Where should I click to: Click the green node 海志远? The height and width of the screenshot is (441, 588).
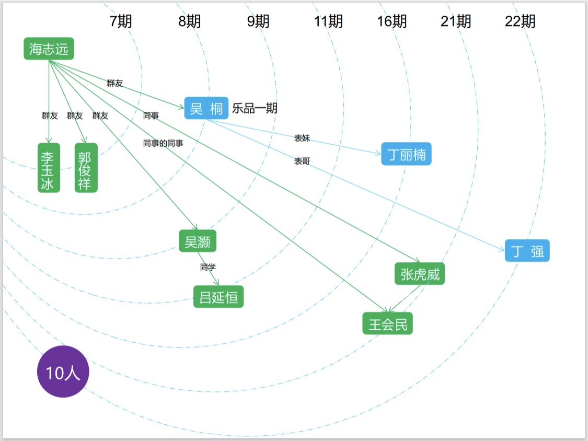click(x=49, y=49)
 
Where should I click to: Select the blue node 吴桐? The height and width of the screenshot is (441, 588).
click(x=206, y=109)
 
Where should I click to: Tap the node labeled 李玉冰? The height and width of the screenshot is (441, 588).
click(x=49, y=168)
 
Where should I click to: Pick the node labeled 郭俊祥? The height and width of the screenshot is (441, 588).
click(x=86, y=168)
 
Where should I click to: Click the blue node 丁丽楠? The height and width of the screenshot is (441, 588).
click(x=406, y=154)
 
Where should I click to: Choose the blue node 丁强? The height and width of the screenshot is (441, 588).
click(x=527, y=251)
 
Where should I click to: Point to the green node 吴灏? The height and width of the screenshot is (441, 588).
click(x=197, y=241)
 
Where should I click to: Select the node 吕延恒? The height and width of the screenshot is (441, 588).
click(x=218, y=297)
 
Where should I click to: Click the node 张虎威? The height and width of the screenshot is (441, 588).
click(x=420, y=274)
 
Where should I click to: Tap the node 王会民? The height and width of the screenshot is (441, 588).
click(x=387, y=324)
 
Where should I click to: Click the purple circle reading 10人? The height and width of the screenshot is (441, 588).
click(x=63, y=372)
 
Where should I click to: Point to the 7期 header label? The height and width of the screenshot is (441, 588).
click(x=121, y=21)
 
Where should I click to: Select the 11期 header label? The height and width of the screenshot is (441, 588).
click(x=328, y=21)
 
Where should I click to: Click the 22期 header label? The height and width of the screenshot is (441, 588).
click(x=520, y=21)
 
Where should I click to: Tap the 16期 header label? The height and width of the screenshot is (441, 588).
click(x=392, y=21)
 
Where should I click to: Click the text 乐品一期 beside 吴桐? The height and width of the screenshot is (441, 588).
click(x=255, y=109)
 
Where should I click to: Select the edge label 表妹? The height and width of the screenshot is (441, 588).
click(x=302, y=138)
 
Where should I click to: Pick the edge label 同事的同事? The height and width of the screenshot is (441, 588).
click(x=163, y=143)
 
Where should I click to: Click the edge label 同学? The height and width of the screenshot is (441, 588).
click(x=207, y=268)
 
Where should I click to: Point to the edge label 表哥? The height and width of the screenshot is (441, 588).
click(x=302, y=161)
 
